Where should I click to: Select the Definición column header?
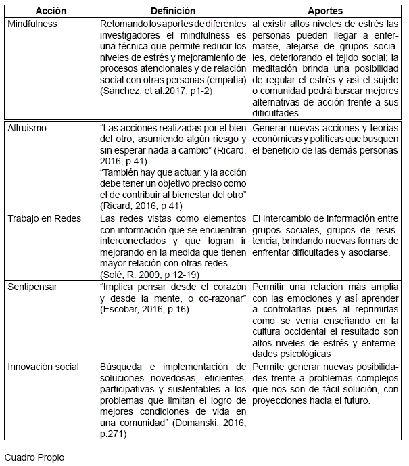pos(173,11)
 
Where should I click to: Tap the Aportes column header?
pos(325,11)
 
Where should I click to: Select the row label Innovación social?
pos(43,367)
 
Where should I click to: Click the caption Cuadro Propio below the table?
pos(34,457)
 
